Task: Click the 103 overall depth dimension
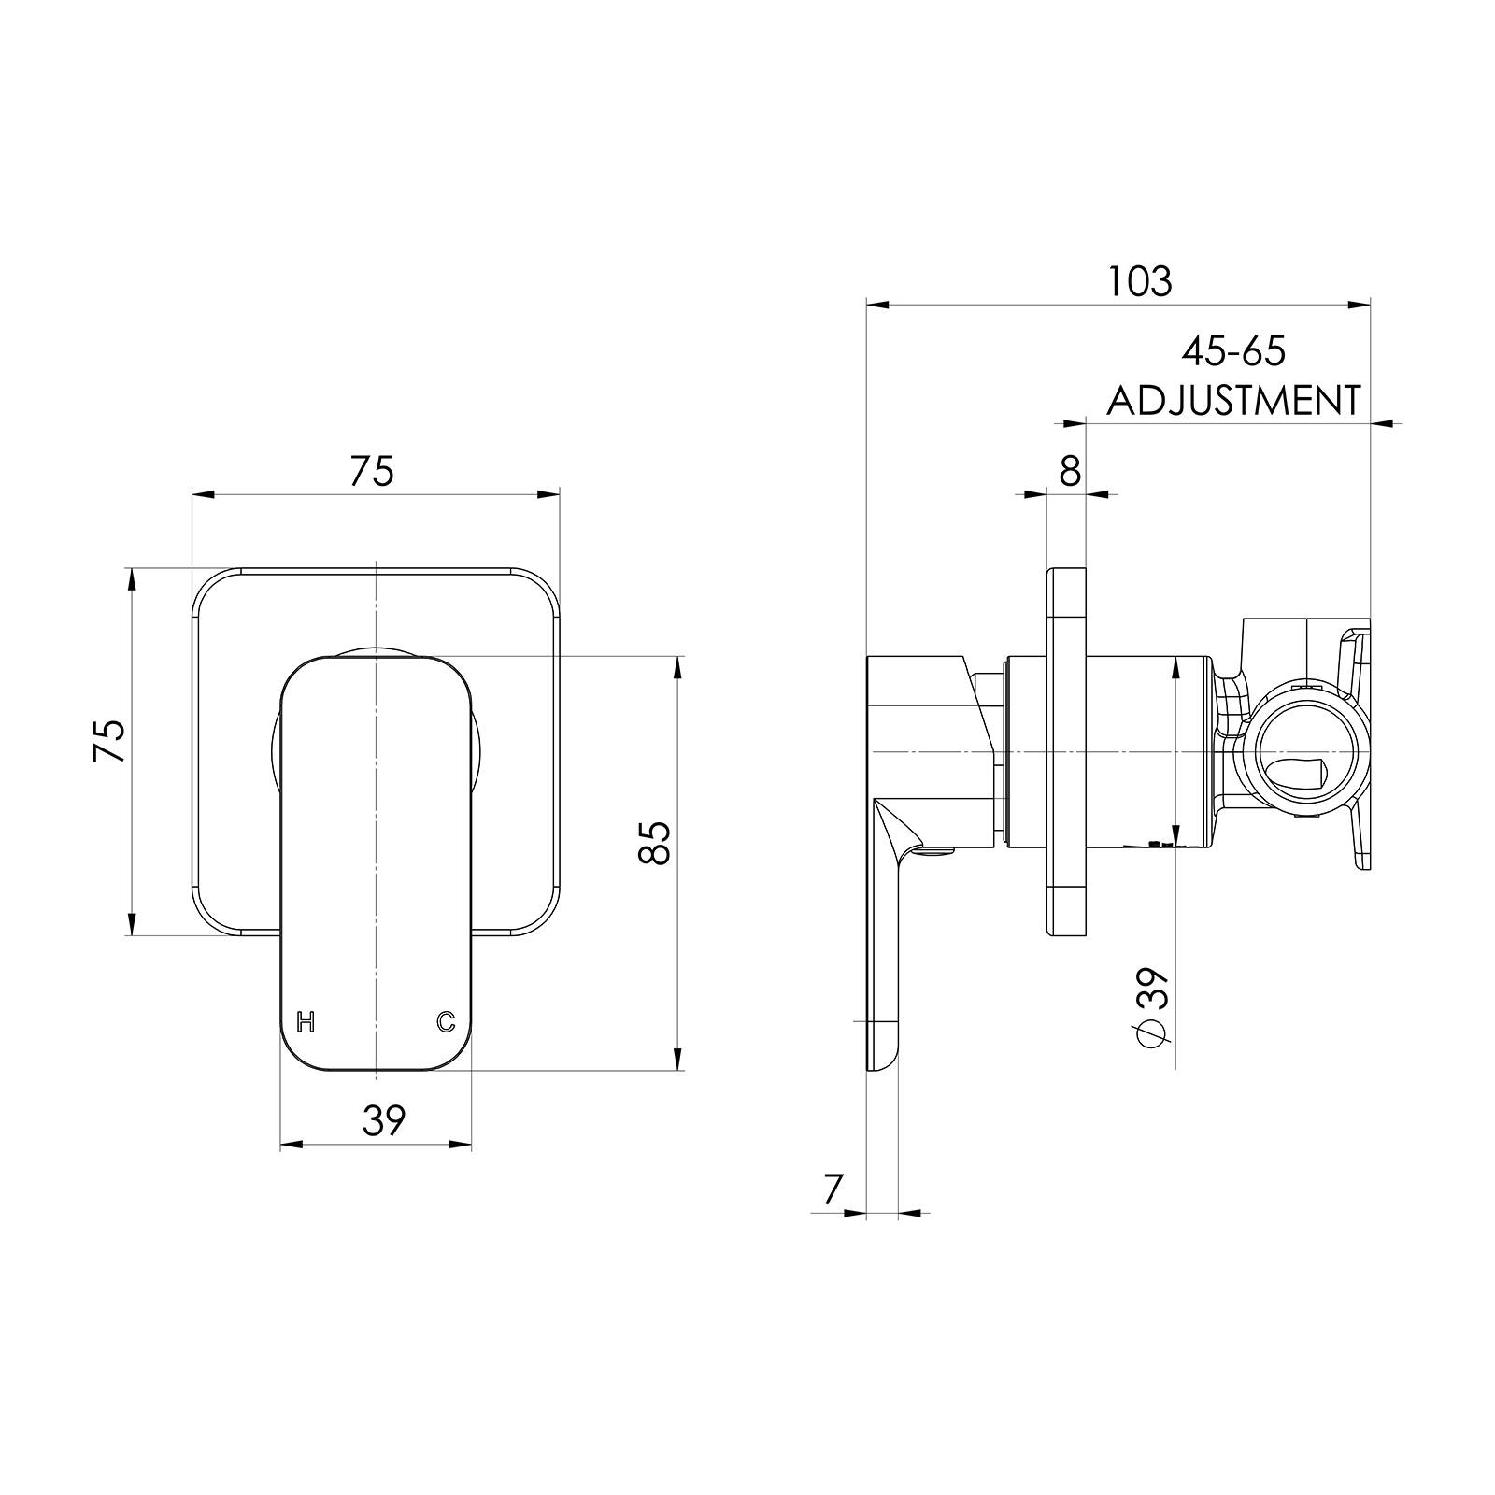tap(1139, 280)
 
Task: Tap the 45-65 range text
tap(1233, 351)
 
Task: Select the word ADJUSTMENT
tap(1233, 401)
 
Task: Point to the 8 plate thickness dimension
tap(1070, 471)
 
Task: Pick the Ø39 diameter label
tap(1152, 1007)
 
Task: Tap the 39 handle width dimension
tap(384, 1119)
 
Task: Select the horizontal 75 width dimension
tap(372, 471)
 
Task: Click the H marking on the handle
tap(305, 1021)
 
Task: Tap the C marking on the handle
tap(446, 1021)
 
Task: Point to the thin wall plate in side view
tap(1068, 750)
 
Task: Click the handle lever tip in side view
tap(882, 1061)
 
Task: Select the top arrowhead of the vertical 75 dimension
tap(131, 579)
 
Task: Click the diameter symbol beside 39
tap(1152, 1034)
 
